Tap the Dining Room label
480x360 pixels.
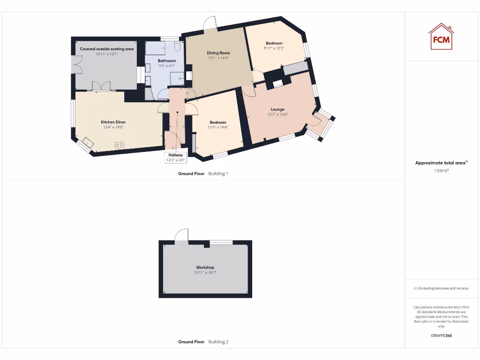point(218,53)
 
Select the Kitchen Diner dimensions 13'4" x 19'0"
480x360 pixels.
point(113,127)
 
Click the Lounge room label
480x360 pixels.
point(277,109)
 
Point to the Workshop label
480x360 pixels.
point(205,267)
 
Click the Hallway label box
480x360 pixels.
point(176,157)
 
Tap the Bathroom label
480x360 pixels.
point(167,61)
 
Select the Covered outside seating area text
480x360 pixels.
point(107,49)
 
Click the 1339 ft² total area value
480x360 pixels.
point(441,171)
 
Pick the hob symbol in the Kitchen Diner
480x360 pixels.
point(120,145)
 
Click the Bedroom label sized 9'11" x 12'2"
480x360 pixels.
point(274,43)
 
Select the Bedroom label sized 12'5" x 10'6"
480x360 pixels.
point(218,122)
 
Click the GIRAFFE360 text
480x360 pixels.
point(441,336)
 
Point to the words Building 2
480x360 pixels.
point(218,342)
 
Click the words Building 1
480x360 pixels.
point(218,173)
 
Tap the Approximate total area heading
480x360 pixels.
point(441,163)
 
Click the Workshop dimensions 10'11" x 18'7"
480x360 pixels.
point(205,272)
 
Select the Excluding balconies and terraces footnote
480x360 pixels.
point(441,288)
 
